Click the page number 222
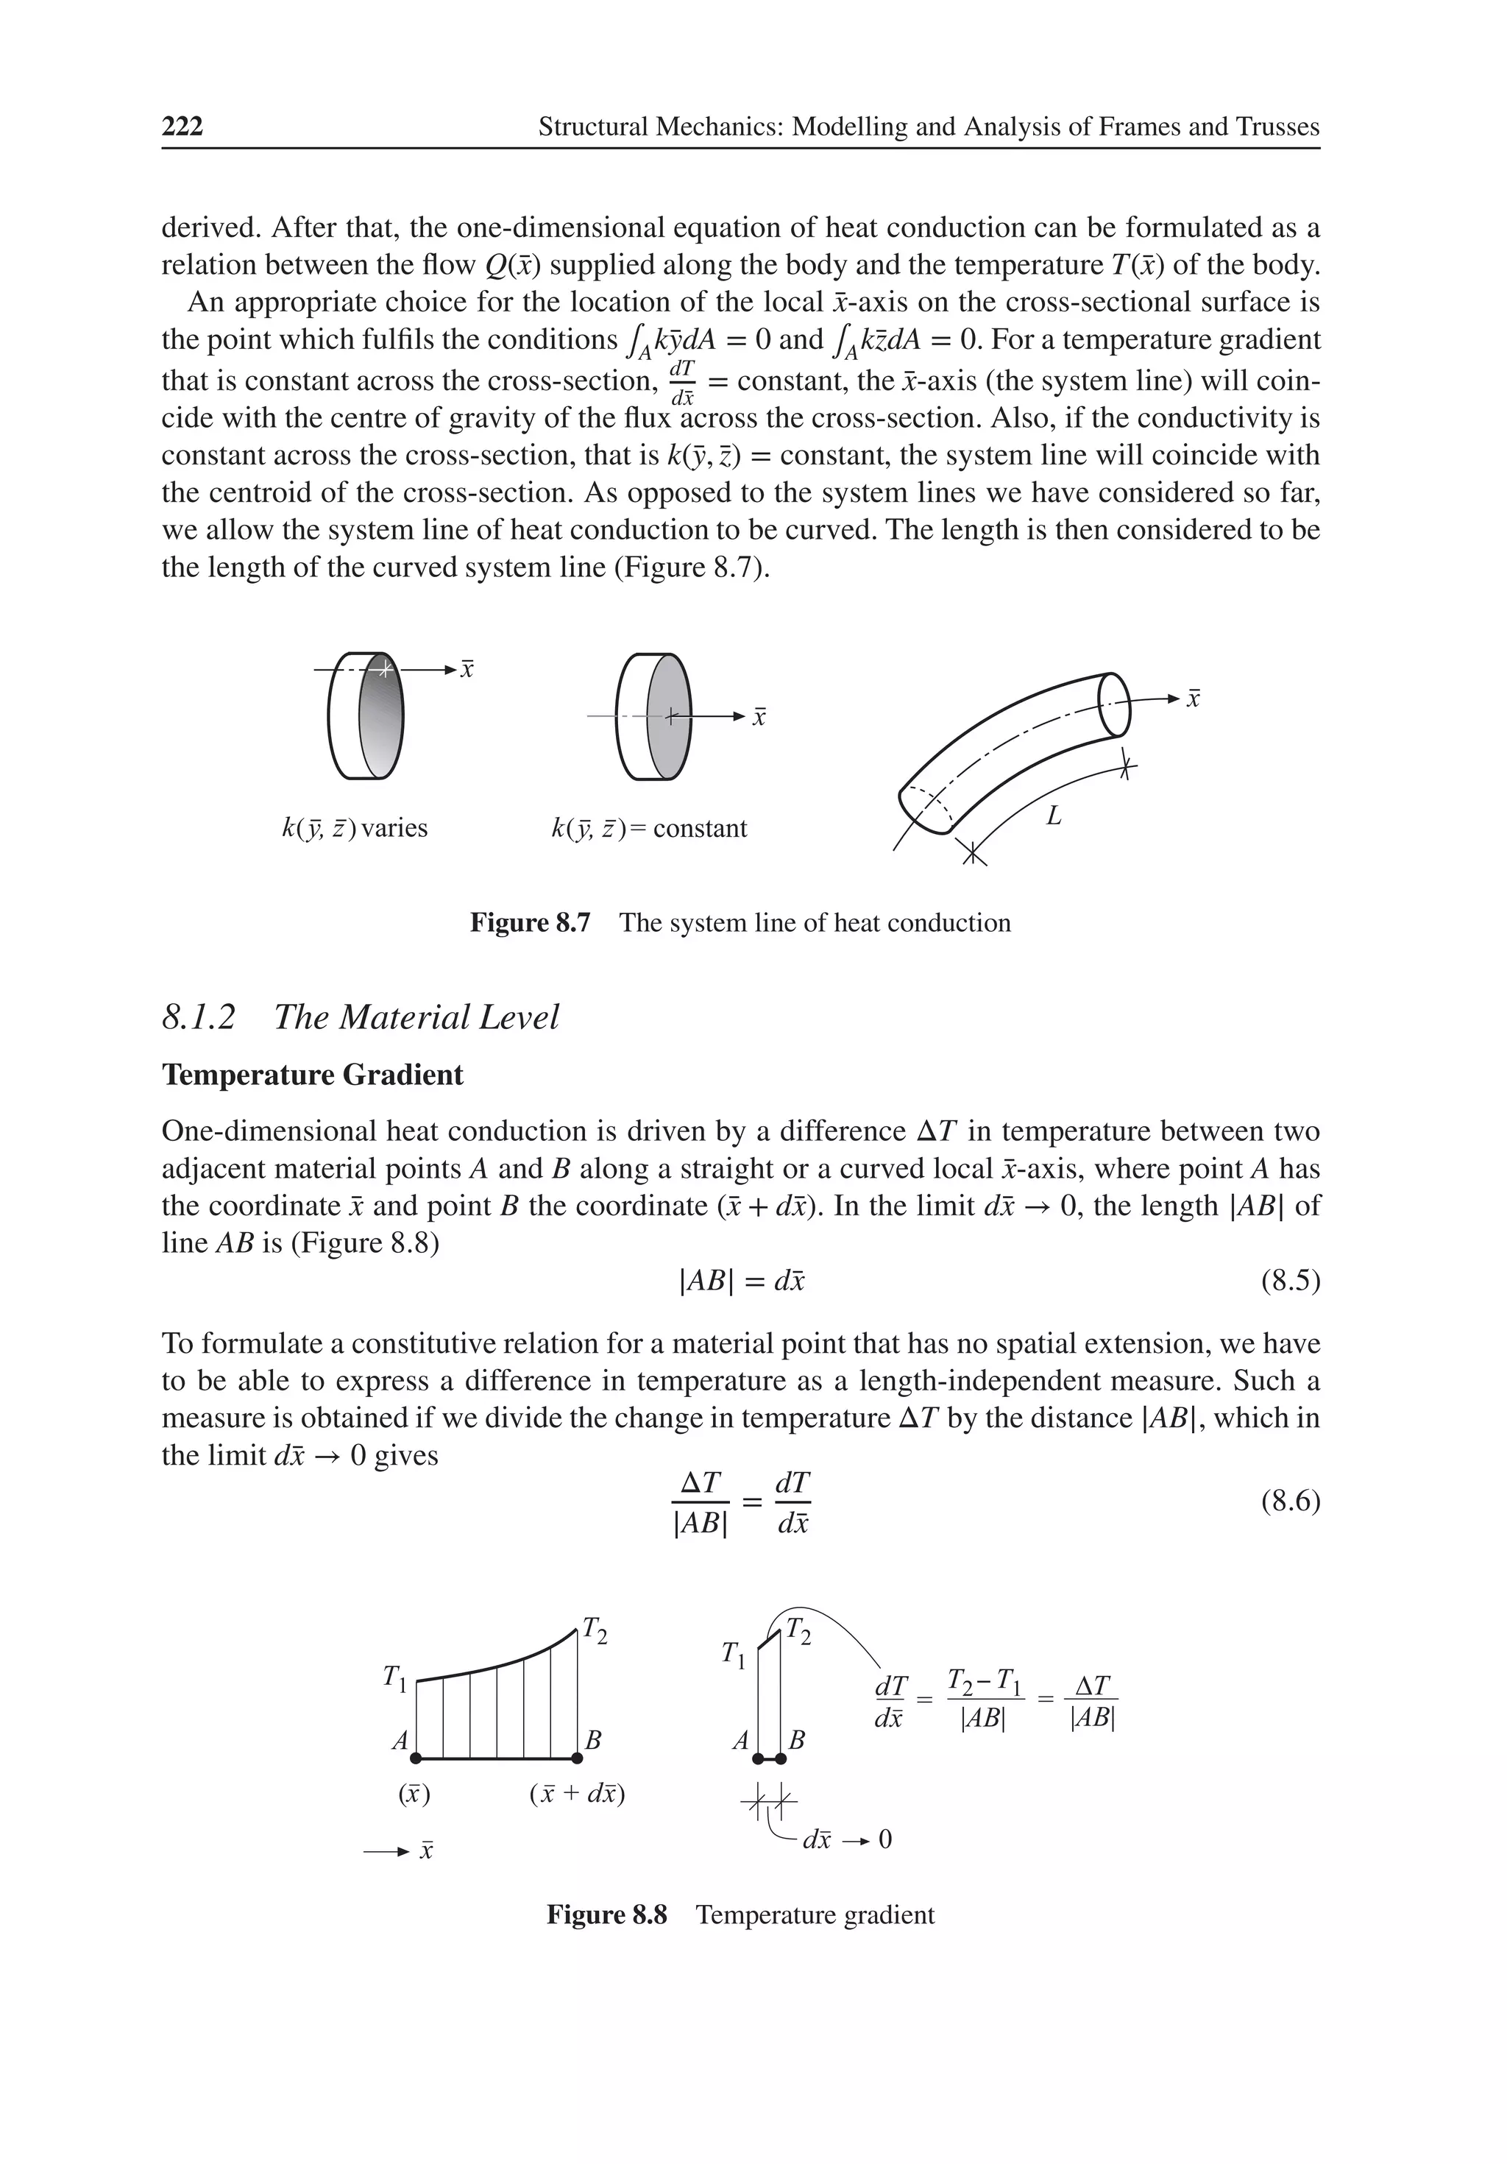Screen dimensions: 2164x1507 point(182,127)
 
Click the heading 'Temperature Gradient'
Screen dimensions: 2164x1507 point(312,1075)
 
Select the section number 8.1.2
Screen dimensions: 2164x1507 point(198,1018)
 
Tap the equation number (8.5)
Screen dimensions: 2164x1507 point(1289,1281)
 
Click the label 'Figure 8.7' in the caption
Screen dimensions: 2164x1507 point(530,923)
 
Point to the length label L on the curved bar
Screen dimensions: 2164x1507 point(1054,816)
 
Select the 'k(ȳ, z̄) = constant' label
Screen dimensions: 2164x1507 point(648,829)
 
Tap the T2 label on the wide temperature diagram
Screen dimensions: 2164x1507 point(595,1630)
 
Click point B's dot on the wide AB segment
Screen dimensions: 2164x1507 point(576,1758)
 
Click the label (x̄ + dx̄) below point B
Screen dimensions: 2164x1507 point(577,1794)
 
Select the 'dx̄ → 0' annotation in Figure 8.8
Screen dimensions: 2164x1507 point(845,1839)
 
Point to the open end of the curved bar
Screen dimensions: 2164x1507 point(1114,705)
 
